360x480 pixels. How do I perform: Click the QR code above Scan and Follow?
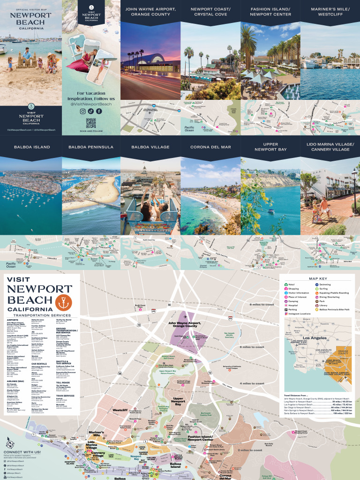(x=91, y=123)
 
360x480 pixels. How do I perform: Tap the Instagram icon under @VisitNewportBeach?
(x=83, y=111)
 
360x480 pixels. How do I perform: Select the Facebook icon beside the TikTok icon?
(x=99, y=111)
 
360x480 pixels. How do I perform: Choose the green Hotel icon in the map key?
(x=286, y=285)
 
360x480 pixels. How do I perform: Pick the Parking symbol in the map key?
(x=286, y=310)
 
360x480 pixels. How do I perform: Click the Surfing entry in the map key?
(x=325, y=289)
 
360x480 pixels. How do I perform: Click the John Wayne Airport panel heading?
(x=150, y=12)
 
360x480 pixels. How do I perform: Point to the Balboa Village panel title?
(x=150, y=147)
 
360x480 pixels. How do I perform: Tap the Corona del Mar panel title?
(x=210, y=147)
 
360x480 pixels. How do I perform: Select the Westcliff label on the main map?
(x=120, y=410)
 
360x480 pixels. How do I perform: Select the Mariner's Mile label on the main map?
(x=96, y=434)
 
